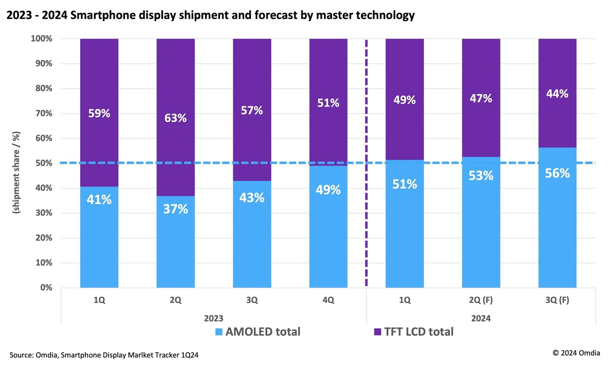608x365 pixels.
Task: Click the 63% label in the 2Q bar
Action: tap(175, 118)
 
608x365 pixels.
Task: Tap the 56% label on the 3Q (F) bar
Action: tap(557, 173)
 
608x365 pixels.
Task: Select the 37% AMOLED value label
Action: tap(175, 209)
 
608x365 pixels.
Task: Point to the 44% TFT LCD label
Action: tap(557, 94)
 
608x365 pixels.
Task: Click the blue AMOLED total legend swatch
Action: tap(219, 332)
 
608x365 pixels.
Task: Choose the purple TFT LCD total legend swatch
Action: tap(377, 332)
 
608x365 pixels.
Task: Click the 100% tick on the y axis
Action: tap(41, 39)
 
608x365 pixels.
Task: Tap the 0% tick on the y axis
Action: tap(46, 288)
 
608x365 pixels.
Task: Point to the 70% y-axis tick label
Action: tap(43, 113)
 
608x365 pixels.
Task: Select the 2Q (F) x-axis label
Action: tap(480, 300)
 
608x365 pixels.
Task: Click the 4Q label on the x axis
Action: tap(328, 300)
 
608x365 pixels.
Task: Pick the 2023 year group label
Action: tap(214, 318)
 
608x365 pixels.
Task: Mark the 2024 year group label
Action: tap(480, 318)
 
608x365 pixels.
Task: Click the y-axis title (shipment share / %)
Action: tap(16, 173)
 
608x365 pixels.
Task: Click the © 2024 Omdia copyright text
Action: tap(576, 353)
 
